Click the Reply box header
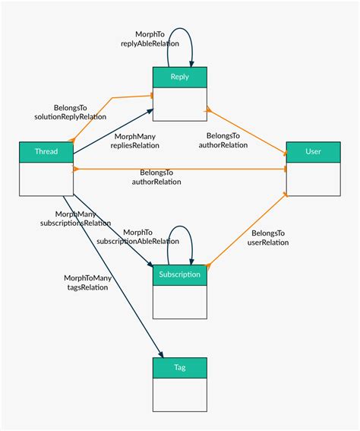tap(180, 77)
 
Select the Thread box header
tap(46, 151)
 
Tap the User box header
tap(313, 151)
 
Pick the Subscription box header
tap(180, 274)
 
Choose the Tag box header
tap(180, 367)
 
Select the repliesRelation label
tap(134, 144)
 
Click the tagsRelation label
tap(88, 287)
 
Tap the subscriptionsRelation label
tap(75, 223)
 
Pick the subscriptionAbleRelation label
tap(138, 241)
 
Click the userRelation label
tap(268, 242)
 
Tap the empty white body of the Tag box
tap(180, 395)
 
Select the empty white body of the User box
tap(313, 179)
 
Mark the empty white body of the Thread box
tap(46, 179)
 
